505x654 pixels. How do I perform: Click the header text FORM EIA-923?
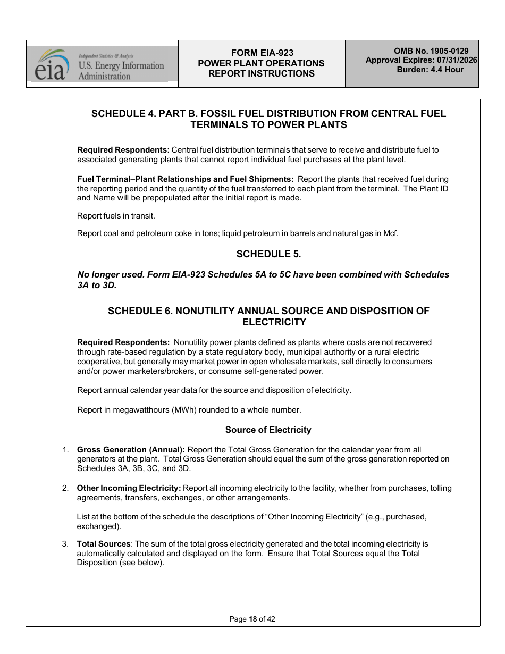click(262, 53)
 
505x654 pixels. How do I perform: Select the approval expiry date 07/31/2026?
click(453, 60)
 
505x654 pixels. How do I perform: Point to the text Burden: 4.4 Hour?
click(430, 70)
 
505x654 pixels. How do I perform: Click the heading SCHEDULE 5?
click(268, 254)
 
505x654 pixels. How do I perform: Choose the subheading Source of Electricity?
click(268, 430)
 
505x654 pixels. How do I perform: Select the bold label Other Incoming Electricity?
click(129, 488)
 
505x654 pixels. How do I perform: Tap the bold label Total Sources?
click(104, 544)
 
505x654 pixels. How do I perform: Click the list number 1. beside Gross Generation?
click(65, 450)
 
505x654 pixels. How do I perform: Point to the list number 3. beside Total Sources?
click(65, 544)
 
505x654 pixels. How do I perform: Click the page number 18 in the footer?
click(252, 619)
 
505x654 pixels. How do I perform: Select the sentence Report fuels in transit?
click(116, 216)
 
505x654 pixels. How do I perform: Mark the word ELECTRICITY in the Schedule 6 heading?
click(274, 322)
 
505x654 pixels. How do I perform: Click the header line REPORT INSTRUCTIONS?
click(261, 74)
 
